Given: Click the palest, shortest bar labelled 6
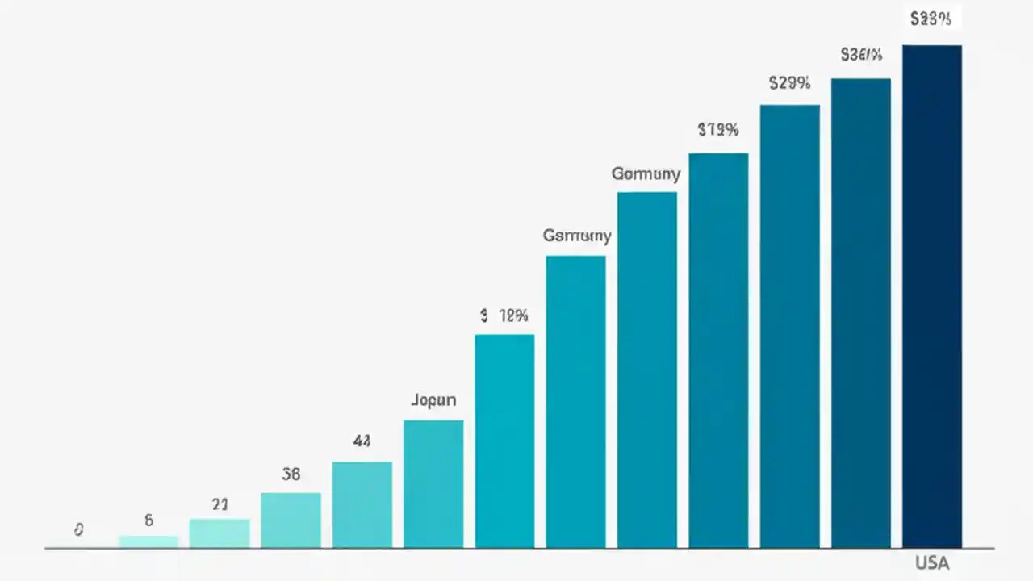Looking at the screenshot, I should click(148, 541).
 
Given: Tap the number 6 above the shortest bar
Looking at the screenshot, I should click(148, 520).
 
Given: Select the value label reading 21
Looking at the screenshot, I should click(220, 505).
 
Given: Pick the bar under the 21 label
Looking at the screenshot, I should click(220, 533).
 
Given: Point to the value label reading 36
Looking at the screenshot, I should click(291, 474).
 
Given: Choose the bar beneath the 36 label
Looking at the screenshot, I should click(291, 520).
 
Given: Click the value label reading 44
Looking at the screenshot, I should click(362, 441).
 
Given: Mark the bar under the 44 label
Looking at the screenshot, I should click(362, 505).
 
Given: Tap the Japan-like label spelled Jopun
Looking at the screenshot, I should click(433, 400).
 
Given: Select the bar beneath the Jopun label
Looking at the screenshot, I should click(433, 484).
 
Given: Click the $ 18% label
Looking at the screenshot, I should click(504, 316).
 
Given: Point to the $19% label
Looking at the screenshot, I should click(717, 129).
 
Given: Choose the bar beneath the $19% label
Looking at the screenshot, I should click(718, 351).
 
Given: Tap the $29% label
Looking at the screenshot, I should click(789, 82).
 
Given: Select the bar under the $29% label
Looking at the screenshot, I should click(789, 327).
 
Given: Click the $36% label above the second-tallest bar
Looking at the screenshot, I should click(861, 55).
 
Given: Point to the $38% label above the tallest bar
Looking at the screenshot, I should click(931, 19).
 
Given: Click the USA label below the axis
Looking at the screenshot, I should click(932, 563).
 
